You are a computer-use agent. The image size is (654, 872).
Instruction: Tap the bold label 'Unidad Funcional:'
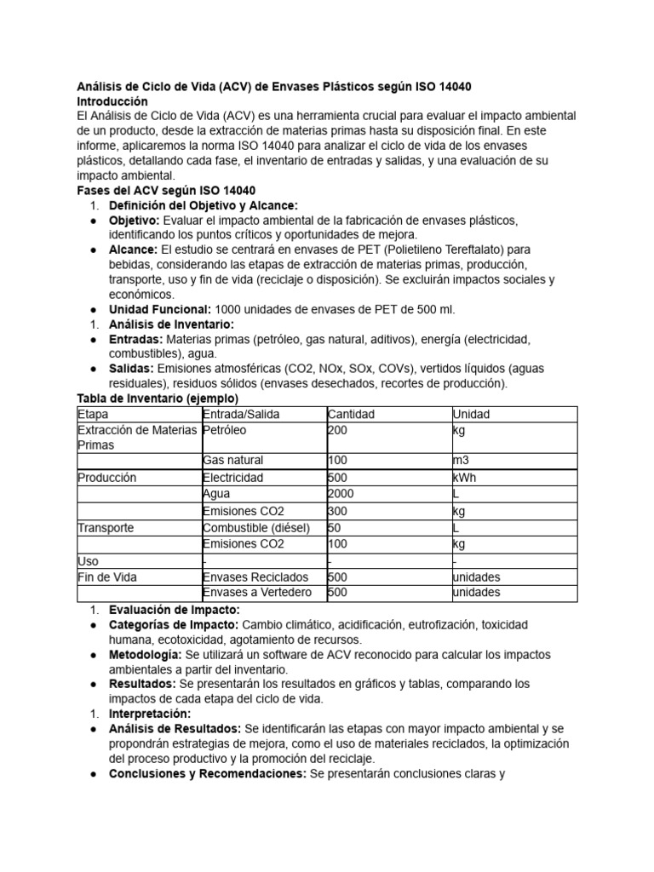[161, 309]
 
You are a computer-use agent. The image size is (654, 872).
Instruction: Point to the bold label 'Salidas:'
[130, 369]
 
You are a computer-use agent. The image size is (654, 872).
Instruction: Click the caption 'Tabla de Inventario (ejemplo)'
[158, 399]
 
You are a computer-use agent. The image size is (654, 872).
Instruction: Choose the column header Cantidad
[351, 414]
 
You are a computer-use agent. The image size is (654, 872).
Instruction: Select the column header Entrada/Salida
[241, 414]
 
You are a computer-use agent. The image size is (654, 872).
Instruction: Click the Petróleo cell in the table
[226, 430]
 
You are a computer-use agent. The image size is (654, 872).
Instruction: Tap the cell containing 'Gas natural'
[233, 461]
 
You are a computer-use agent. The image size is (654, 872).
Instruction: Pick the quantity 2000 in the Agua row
[341, 494]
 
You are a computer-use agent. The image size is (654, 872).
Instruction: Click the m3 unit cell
[461, 461]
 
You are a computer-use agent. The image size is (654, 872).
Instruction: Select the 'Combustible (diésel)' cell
[256, 528]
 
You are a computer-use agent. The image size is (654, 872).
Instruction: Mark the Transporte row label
[106, 528]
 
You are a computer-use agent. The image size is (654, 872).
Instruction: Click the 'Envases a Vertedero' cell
[257, 593]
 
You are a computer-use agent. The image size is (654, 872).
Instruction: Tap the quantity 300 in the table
[337, 511]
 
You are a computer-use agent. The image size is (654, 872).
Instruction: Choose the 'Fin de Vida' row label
[107, 577]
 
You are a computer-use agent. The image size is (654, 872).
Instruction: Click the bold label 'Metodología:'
[146, 654]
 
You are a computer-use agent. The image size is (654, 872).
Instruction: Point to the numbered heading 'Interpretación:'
[150, 714]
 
